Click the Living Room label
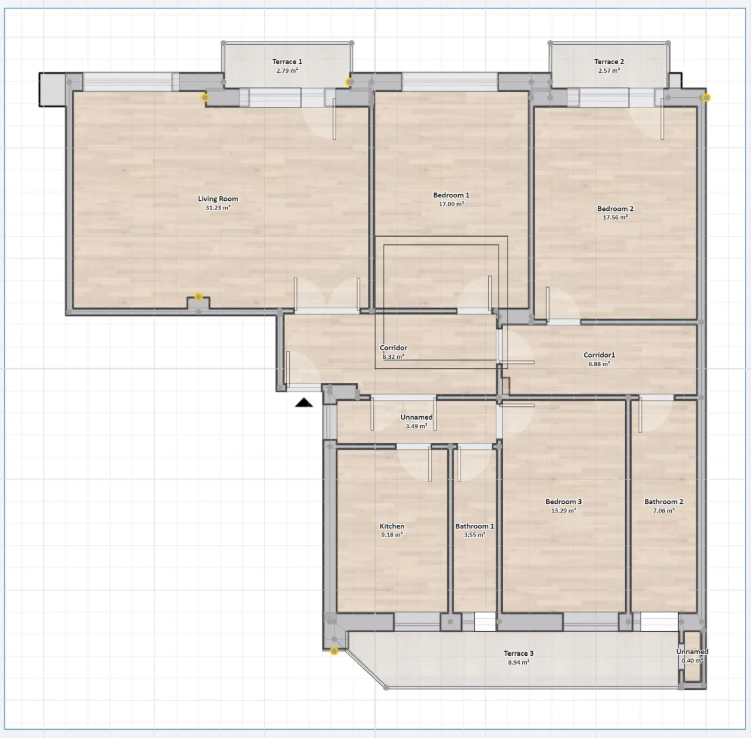pyautogui.click(x=218, y=198)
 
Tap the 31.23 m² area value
pyautogui.click(x=218, y=207)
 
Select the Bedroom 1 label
pyautogui.click(x=451, y=195)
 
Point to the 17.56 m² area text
pyautogui.click(x=615, y=217)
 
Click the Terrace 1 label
pyautogui.click(x=287, y=62)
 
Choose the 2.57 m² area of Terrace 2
pyautogui.click(x=609, y=70)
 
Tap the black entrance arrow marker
pyautogui.click(x=303, y=403)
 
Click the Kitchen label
pyautogui.click(x=392, y=526)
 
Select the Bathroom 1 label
pyautogui.click(x=475, y=526)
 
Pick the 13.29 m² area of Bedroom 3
pyautogui.click(x=563, y=510)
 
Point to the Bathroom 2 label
pyautogui.click(x=664, y=501)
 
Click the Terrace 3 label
pyautogui.click(x=519, y=653)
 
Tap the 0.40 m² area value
pyautogui.click(x=692, y=661)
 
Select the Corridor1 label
pyautogui.click(x=600, y=355)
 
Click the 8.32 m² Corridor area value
pyautogui.click(x=393, y=356)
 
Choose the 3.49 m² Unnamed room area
pyautogui.click(x=416, y=426)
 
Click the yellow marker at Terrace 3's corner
pyautogui.click(x=334, y=651)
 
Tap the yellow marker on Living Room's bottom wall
pyautogui.click(x=198, y=297)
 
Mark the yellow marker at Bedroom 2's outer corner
pyautogui.click(x=706, y=97)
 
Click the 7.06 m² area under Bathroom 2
pyautogui.click(x=664, y=510)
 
